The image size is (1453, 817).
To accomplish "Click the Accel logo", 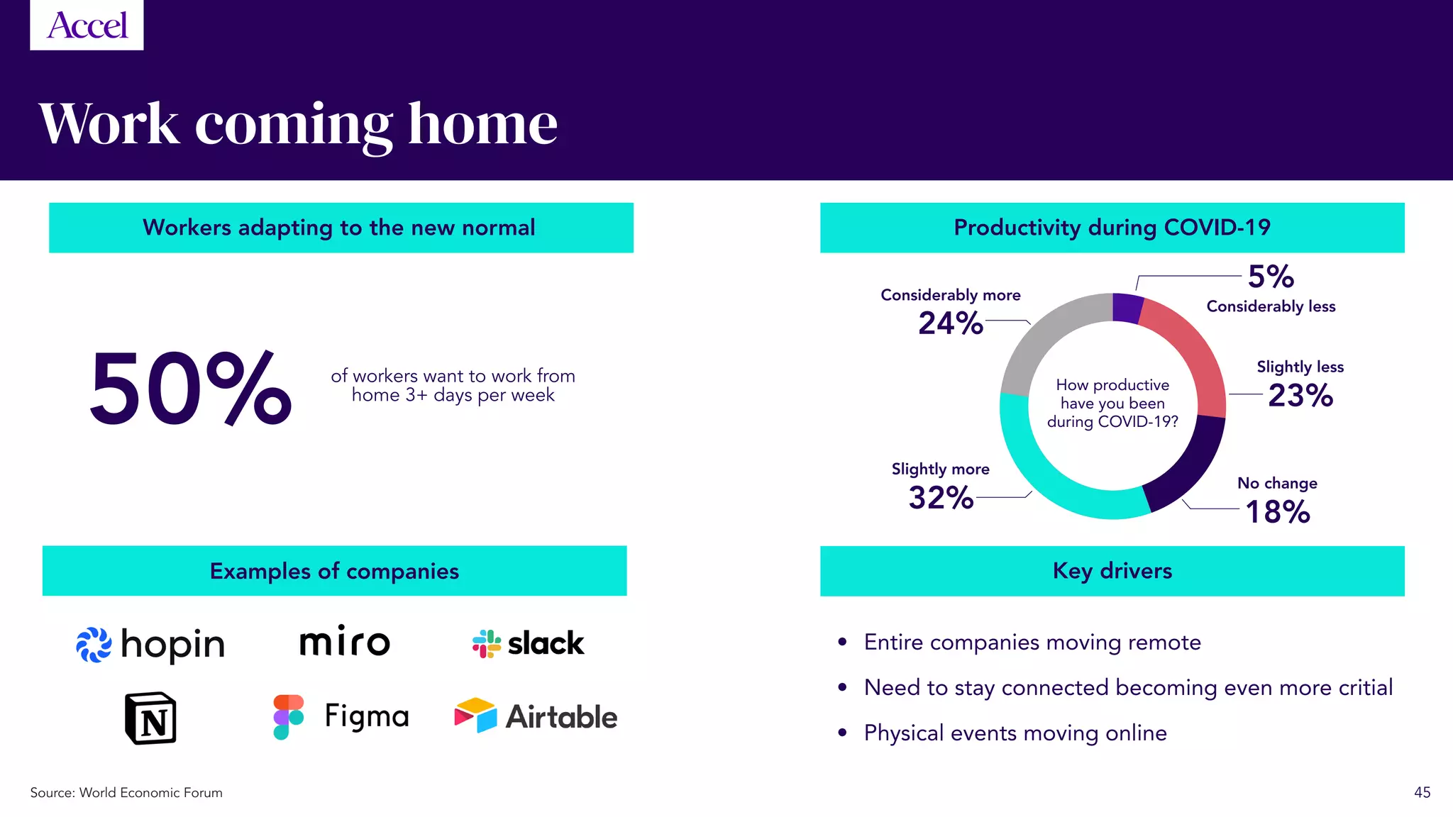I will pos(87,25).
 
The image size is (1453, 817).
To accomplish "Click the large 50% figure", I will pos(190,389).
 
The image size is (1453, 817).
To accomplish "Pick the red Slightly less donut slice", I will pos(1192,355).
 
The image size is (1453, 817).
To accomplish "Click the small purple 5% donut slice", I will pos(1127,308).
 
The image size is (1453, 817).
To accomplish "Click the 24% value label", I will pos(951,323).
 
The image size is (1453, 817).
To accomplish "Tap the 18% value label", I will pos(1277,512).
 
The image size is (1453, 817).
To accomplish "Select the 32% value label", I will pos(941,498).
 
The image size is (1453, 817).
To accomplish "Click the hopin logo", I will pos(150,644).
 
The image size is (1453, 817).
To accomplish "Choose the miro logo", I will pos(345,641).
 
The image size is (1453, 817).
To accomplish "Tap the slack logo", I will pos(528,643).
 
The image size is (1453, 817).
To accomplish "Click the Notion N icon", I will pos(150,718).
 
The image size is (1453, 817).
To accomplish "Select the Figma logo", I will pos(341,716).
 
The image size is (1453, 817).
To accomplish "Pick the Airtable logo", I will pos(536,716).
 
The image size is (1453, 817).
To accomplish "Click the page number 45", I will pos(1422,792).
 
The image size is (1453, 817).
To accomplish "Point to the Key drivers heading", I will pos(1112,571).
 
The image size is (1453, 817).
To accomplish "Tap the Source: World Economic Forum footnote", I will pos(126,792).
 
